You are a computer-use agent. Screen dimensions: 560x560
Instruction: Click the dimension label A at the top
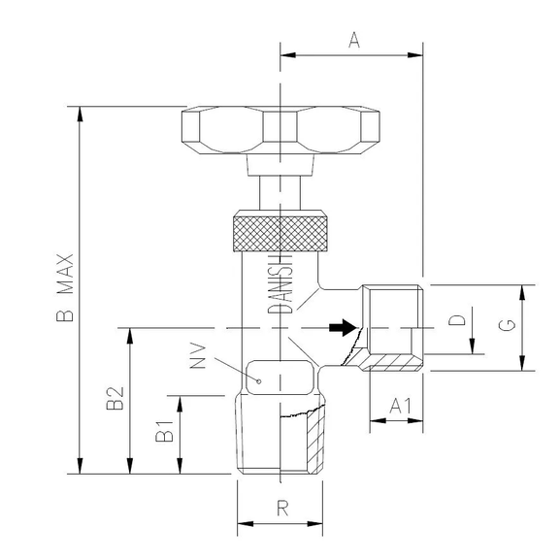(353, 40)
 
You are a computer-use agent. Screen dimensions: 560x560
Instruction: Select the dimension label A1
(397, 407)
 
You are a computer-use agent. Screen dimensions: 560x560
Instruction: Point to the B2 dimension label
(115, 399)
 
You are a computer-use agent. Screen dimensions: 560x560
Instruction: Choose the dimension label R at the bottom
(281, 507)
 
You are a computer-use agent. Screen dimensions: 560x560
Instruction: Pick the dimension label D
(462, 319)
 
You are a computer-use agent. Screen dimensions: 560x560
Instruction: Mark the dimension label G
(507, 326)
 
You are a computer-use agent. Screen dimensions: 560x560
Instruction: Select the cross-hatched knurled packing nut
(280, 230)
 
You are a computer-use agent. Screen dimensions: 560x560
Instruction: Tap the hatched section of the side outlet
(393, 363)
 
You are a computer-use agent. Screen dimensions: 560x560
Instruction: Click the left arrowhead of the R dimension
(244, 524)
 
